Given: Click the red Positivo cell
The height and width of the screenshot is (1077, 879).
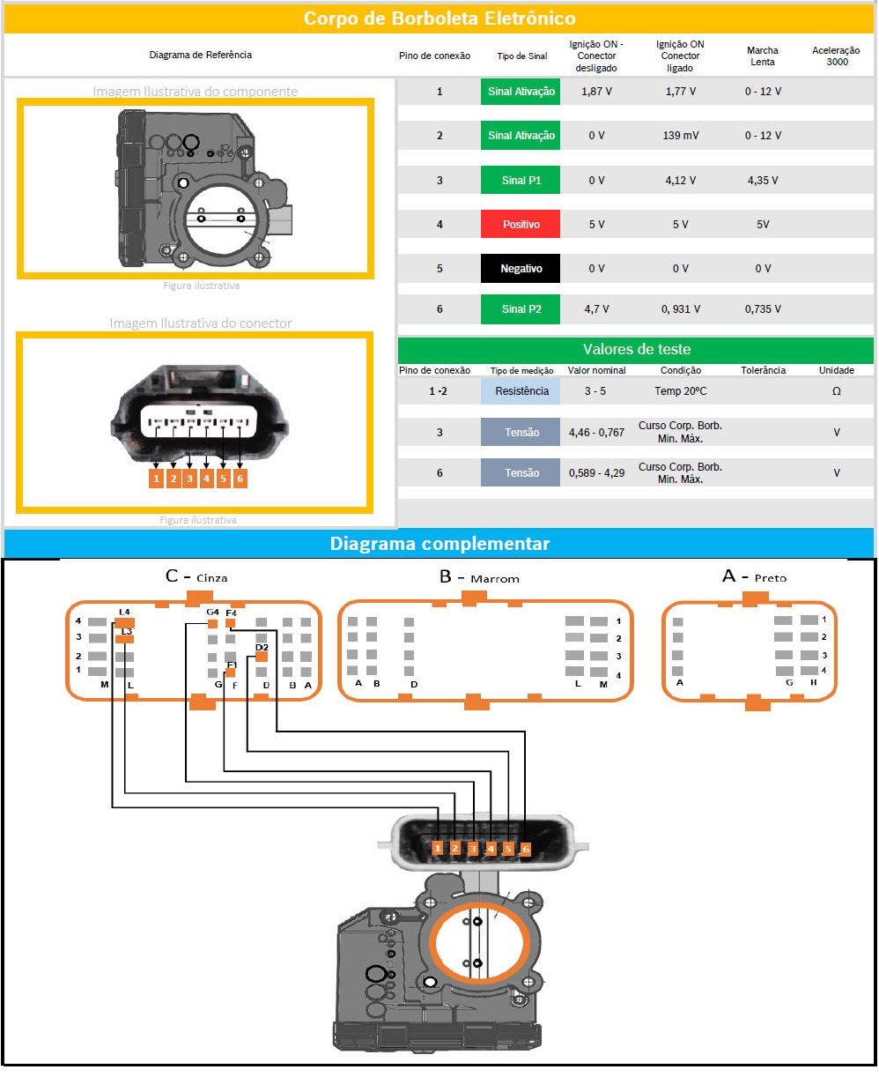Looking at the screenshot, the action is (x=520, y=224).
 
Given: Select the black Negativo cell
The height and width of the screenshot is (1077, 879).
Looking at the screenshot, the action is (x=520, y=268).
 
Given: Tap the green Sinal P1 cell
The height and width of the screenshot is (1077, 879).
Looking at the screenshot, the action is (x=520, y=180).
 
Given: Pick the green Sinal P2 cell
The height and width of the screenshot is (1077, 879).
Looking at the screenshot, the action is (x=520, y=309).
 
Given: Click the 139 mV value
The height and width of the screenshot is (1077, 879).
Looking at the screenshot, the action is (x=680, y=136).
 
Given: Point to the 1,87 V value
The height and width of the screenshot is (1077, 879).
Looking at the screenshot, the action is (x=596, y=92).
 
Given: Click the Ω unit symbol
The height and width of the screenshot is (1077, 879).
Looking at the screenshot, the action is (x=836, y=390).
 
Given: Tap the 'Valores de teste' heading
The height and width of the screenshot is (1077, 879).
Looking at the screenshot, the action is (x=636, y=349).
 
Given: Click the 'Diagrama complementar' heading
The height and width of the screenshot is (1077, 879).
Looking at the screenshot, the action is (x=439, y=543).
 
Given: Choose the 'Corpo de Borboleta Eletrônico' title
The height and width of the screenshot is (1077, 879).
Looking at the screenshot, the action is (x=439, y=18).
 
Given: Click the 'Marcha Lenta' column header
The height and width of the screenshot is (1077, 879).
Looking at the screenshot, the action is (x=762, y=56).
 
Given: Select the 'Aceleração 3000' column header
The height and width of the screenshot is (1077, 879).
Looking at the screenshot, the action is (x=836, y=56).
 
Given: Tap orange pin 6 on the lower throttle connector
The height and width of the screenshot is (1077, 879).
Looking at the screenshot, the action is (x=525, y=849).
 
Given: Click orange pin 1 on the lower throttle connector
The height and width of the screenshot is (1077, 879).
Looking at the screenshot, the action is (x=438, y=848).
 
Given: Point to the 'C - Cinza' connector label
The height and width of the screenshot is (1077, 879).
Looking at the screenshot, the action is (x=196, y=576).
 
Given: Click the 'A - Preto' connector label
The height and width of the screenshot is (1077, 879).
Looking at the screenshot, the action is (x=754, y=576).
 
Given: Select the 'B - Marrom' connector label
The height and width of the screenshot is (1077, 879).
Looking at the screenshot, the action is (x=479, y=576).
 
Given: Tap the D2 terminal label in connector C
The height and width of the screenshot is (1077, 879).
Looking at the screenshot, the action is (x=262, y=647).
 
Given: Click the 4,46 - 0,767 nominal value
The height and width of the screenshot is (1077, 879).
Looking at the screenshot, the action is (x=596, y=432).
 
